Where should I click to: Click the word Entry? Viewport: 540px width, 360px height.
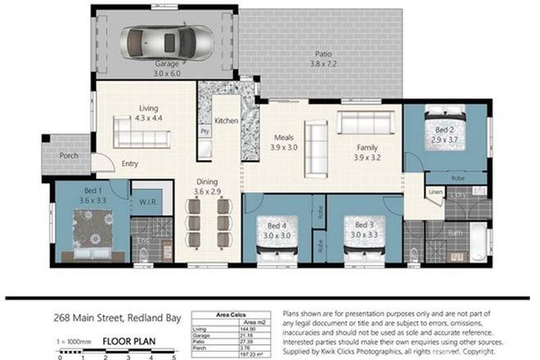(130, 164)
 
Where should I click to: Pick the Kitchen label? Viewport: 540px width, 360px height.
(226, 121)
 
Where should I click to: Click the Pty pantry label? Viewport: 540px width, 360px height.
(204, 130)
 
